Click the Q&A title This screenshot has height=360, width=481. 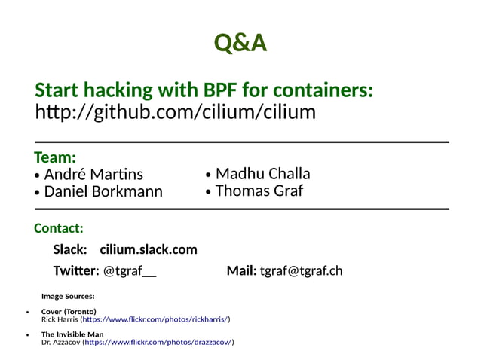pos(240,43)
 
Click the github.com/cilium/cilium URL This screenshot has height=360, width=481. pos(176,113)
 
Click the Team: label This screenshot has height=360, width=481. pos(55,157)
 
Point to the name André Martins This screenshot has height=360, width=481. pos(93,175)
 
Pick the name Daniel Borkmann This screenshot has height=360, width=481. pos(103,191)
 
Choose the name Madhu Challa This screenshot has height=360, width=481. pos(262,174)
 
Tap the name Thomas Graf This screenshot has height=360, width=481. pos(259,191)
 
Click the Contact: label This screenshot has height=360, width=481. pos(59,228)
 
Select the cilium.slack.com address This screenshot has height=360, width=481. pos(149,249)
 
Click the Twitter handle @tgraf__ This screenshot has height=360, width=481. pos(130,270)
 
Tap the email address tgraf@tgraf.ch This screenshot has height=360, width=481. pos(301,270)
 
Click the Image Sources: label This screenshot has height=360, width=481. pos(68,296)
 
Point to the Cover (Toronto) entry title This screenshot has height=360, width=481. pos(69,311)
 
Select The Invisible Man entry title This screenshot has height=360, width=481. pos(72,334)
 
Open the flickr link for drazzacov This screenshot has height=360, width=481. pos(158,342)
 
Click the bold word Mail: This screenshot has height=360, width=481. pos(241,270)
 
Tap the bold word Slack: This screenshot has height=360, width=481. pos(70,249)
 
